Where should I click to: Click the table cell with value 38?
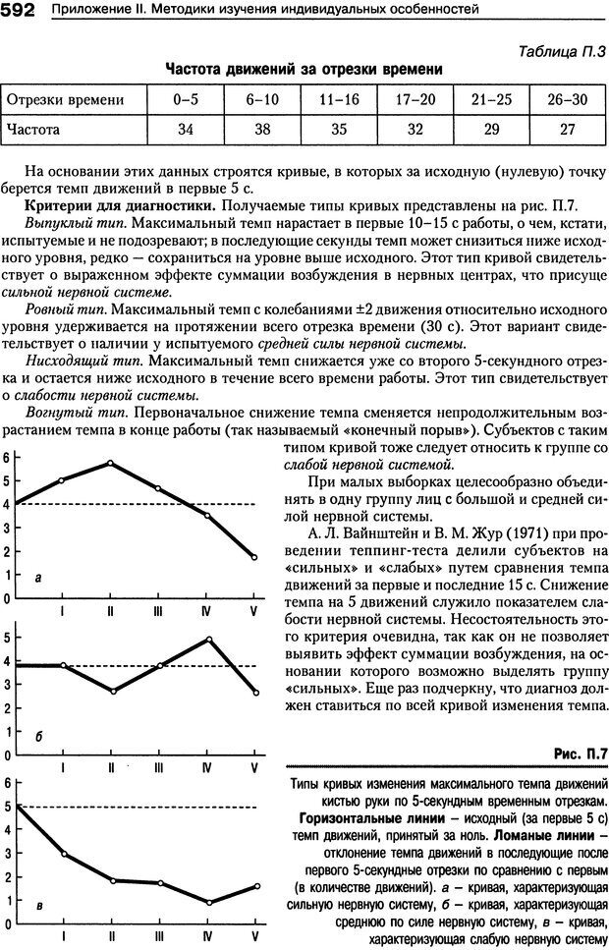pyautogui.click(x=262, y=129)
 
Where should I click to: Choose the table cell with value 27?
pyautogui.click(x=567, y=129)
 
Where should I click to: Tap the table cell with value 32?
pyautogui.click(x=415, y=129)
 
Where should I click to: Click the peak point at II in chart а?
pyautogui.click(x=110, y=463)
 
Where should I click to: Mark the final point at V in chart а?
pyautogui.click(x=254, y=557)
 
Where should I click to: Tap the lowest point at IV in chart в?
pyautogui.click(x=206, y=902)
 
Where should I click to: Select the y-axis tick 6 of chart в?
pyautogui.click(x=6, y=784)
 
